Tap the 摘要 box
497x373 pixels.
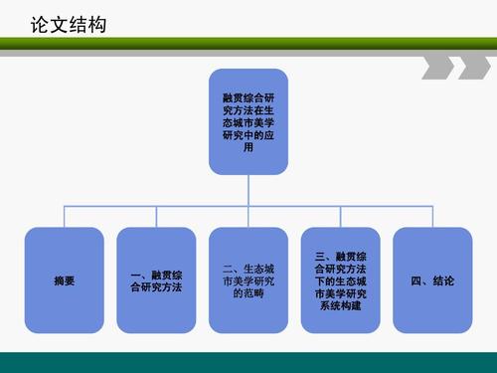pos(64,280)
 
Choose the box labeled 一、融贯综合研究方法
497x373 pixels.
pos(156,280)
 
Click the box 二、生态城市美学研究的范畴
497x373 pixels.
pos(248,280)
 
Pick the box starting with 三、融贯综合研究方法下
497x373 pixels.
pos(341,280)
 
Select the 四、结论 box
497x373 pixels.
pos(432,280)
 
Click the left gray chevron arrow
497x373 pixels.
pos(436,68)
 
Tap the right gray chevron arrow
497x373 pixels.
pos(467,68)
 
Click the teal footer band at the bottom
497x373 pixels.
pos(248,362)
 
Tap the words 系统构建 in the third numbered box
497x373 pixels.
pos(341,306)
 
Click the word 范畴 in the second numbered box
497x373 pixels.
pos(248,293)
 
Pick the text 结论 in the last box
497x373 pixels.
pos(444,281)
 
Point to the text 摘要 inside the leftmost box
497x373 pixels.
pos(64,281)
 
